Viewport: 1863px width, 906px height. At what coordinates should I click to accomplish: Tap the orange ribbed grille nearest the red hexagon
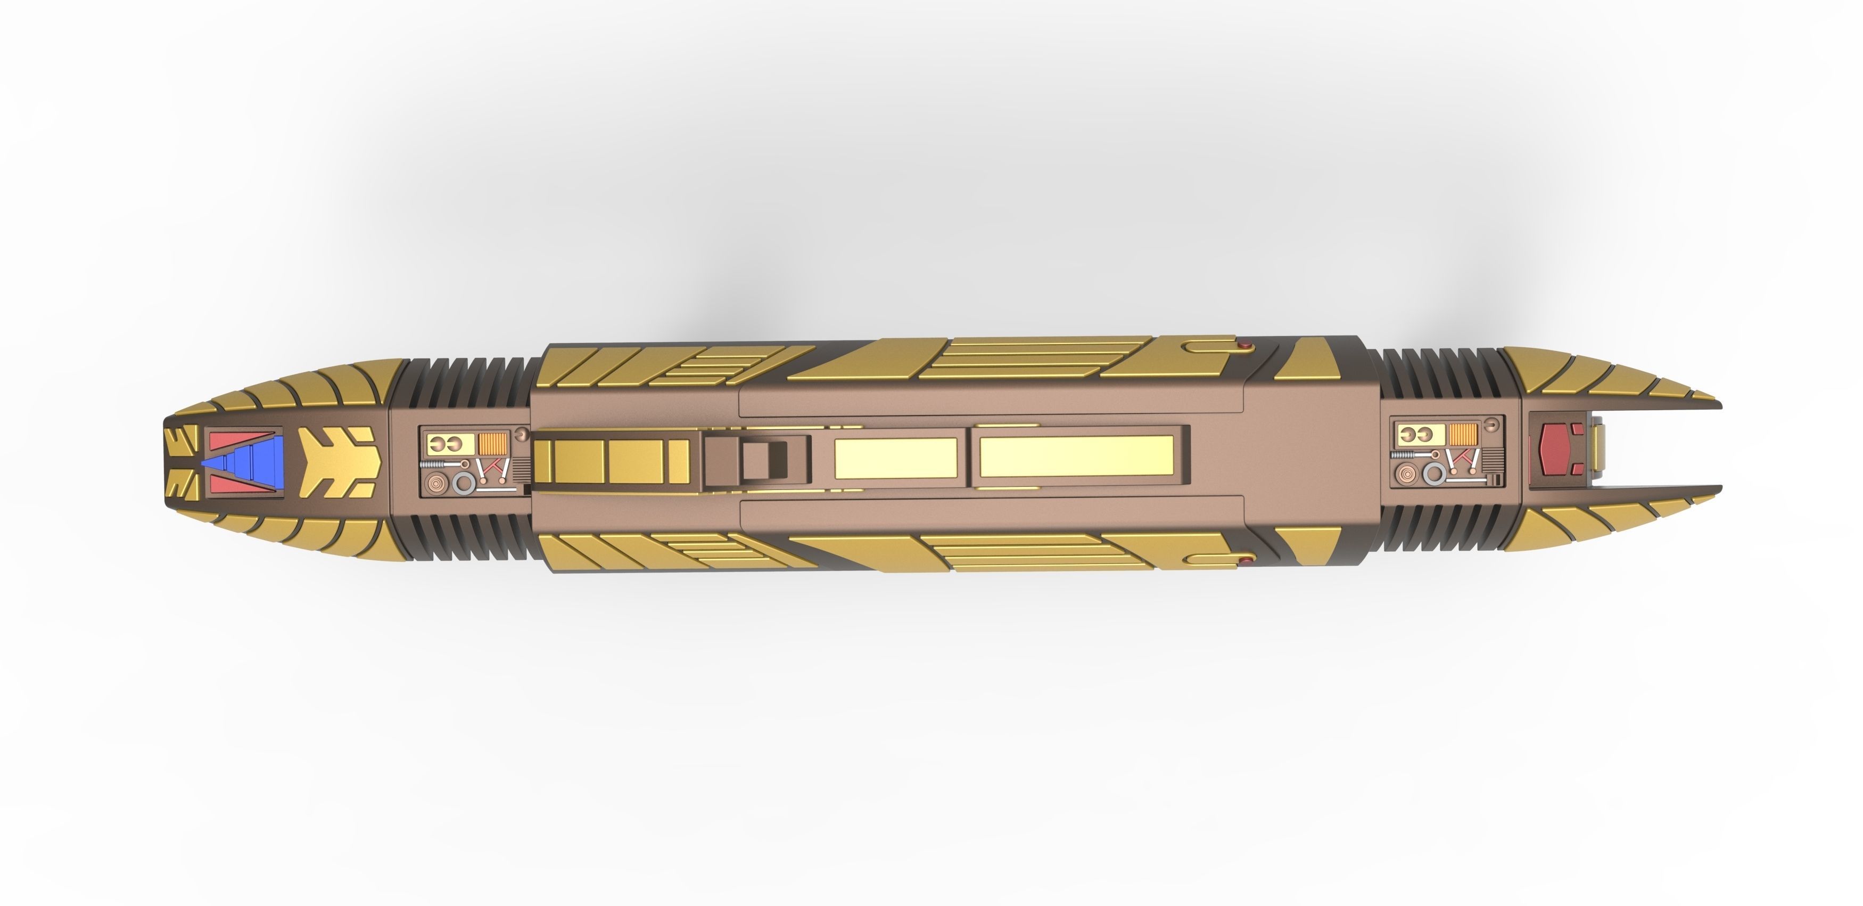tap(1464, 434)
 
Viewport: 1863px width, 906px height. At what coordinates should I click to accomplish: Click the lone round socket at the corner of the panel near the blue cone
tap(522, 434)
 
